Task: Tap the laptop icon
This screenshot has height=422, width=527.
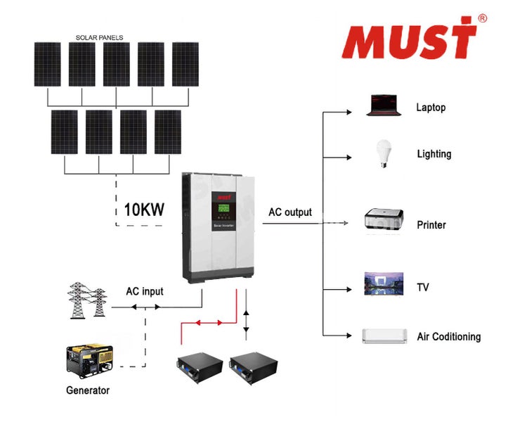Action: tap(383, 106)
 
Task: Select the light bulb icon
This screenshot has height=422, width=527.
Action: tap(383, 153)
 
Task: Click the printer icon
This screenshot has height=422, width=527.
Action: tap(384, 219)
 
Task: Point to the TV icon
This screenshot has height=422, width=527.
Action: tap(383, 285)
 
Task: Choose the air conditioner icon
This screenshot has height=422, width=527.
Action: tap(384, 335)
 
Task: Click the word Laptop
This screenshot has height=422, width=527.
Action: tap(431, 108)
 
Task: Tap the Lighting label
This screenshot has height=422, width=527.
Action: tap(434, 154)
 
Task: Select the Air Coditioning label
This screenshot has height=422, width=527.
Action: tap(448, 337)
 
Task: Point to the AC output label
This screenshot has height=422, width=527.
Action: tap(289, 212)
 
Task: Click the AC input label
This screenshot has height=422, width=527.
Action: tap(144, 292)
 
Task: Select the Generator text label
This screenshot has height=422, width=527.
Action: tap(88, 390)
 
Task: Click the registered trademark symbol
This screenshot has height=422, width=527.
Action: tap(482, 18)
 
